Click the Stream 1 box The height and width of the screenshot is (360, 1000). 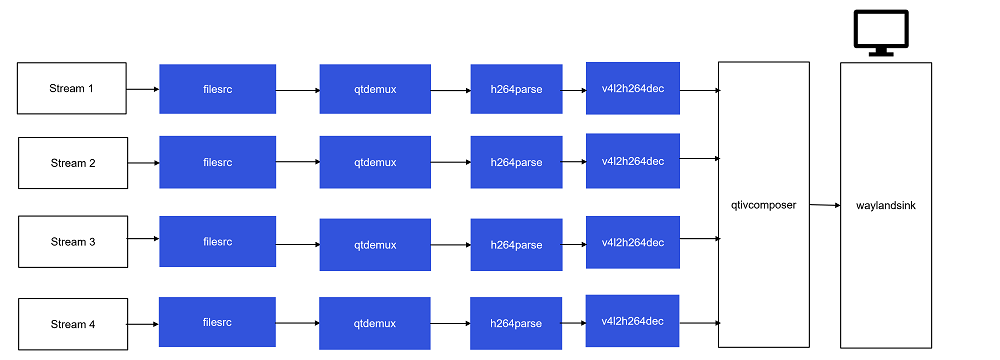click(x=72, y=88)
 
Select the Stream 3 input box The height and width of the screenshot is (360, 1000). click(x=72, y=241)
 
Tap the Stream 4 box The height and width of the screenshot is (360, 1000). click(x=72, y=323)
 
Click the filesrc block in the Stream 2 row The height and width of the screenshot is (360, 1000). click(x=217, y=162)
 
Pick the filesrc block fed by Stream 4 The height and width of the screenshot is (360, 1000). click(x=217, y=322)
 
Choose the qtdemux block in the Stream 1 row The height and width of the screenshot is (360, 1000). click(x=375, y=89)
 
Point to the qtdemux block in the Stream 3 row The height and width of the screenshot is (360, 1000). click(x=375, y=244)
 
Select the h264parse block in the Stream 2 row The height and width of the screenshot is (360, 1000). click(x=516, y=162)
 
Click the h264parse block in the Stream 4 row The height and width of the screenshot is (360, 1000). click(x=516, y=323)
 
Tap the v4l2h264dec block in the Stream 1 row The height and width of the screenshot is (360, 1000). click(x=633, y=88)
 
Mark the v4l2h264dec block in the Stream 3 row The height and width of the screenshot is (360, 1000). click(x=633, y=242)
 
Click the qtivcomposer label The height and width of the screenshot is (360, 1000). click(x=763, y=205)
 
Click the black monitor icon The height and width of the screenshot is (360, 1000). click(x=880, y=31)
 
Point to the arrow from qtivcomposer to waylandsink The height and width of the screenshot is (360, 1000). click(x=824, y=205)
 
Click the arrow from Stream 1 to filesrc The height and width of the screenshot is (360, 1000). click(x=143, y=89)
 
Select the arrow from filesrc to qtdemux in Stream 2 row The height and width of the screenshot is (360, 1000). click(x=297, y=162)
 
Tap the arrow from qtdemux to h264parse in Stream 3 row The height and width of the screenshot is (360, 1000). click(x=451, y=243)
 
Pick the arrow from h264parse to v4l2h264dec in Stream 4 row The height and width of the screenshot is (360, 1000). click(x=573, y=322)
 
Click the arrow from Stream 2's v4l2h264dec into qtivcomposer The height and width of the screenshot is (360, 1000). click(x=699, y=158)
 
